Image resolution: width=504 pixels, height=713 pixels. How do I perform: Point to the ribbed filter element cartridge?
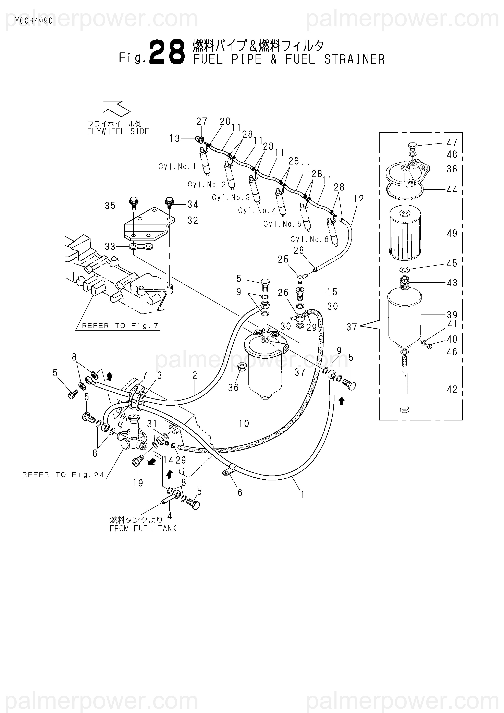[405, 233]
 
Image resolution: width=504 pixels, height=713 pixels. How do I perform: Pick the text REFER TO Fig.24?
[63, 475]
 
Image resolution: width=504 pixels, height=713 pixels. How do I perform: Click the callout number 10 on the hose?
[244, 423]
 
